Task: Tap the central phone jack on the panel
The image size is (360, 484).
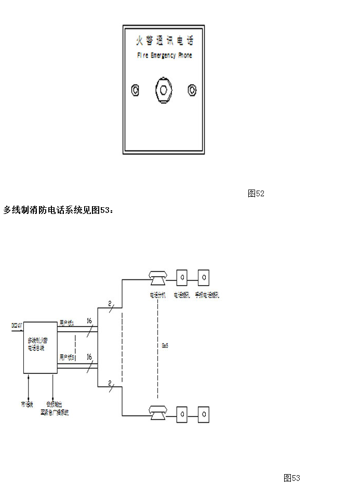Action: point(164,90)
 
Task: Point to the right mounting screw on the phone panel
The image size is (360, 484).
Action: point(192,90)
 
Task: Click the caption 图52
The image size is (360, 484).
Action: point(256,194)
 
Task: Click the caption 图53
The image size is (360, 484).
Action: point(291,478)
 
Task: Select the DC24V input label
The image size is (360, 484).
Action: point(17,326)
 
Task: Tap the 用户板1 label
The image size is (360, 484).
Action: point(67,323)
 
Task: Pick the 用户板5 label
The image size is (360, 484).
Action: point(67,357)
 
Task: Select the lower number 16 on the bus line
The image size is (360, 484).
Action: point(89,357)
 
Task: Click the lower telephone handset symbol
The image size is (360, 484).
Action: point(157,414)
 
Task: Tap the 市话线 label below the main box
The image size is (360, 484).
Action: point(27,404)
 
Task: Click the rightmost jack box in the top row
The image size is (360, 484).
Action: point(204,277)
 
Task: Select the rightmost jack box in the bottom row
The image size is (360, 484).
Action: point(204,414)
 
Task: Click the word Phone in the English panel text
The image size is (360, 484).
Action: point(185,56)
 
